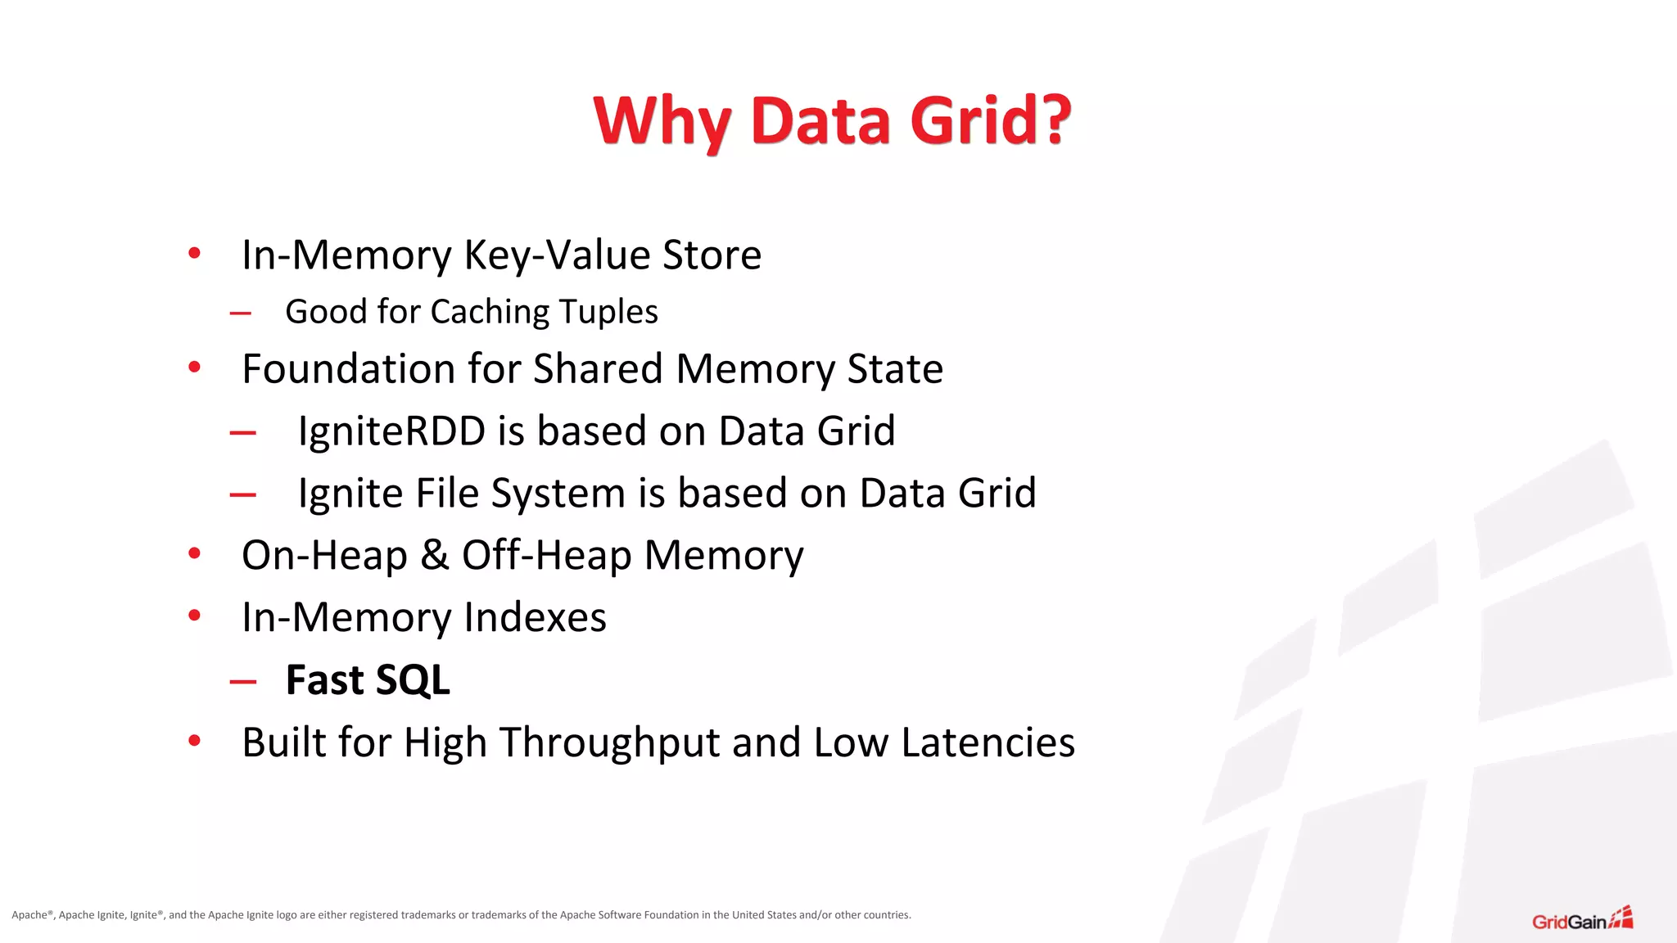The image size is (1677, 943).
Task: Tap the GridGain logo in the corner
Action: [1582, 919]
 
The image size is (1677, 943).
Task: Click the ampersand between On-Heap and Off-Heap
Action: [435, 555]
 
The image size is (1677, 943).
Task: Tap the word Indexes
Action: [535, 617]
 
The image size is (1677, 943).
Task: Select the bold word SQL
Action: [413, 680]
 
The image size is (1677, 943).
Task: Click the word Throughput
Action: [609, 742]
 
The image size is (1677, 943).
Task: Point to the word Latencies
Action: [988, 742]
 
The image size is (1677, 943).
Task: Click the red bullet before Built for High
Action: [194, 741]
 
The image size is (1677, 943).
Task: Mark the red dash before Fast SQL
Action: [243, 681]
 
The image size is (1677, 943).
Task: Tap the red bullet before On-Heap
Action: [194, 553]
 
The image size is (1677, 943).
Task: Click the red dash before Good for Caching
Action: [241, 313]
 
